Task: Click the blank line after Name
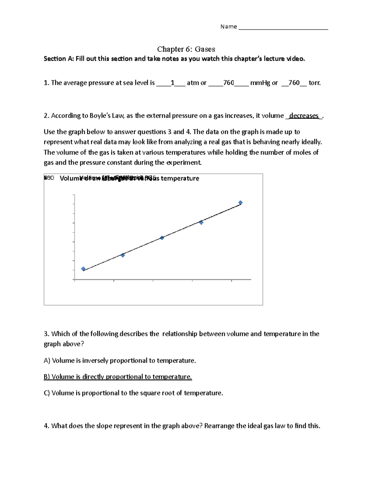click(283, 27)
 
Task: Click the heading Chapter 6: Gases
click(186, 49)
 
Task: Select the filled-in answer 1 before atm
click(172, 83)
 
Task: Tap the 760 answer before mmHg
click(228, 83)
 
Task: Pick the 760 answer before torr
click(294, 83)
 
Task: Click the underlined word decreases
click(304, 116)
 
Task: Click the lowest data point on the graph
click(83, 269)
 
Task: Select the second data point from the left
click(123, 255)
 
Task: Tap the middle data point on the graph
click(162, 238)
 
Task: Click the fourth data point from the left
click(201, 222)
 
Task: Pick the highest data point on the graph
click(240, 203)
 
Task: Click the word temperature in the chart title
click(180, 178)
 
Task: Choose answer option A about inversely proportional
click(120, 361)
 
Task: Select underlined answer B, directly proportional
click(118, 377)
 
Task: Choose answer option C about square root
click(133, 393)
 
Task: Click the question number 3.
click(46, 334)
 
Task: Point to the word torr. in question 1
click(315, 83)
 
